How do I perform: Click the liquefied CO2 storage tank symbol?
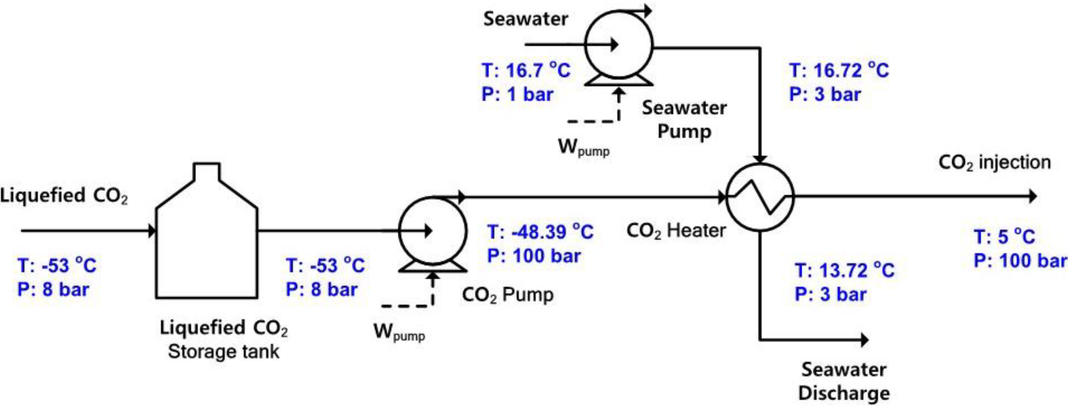click(206, 241)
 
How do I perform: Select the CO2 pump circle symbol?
click(432, 231)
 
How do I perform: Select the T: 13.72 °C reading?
click(844, 271)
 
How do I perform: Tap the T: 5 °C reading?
click(1004, 237)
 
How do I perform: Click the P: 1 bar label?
click(517, 94)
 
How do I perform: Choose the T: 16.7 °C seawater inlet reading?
click(526, 70)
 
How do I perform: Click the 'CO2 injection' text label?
click(994, 163)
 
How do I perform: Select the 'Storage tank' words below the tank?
click(224, 352)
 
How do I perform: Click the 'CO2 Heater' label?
click(676, 231)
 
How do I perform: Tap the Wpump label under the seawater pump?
click(583, 147)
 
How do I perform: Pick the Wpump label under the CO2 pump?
click(399, 332)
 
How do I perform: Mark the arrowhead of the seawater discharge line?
click(864, 340)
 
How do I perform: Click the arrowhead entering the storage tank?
click(152, 231)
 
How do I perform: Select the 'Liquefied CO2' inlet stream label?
click(64, 196)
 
